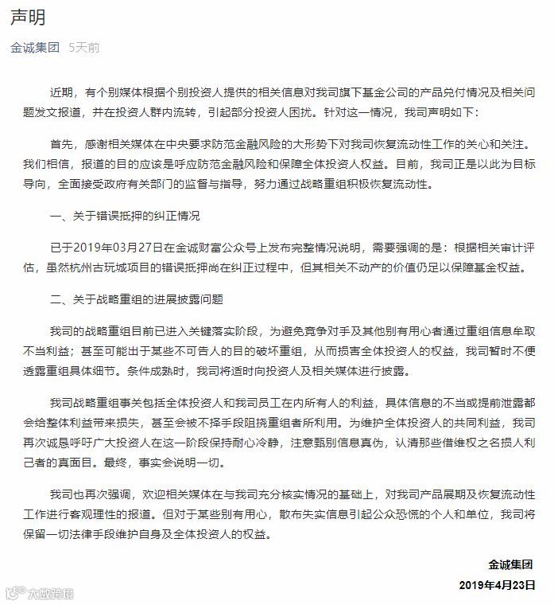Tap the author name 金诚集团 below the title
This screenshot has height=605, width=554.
[x=35, y=48]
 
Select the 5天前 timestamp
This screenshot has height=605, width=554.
[x=84, y=48]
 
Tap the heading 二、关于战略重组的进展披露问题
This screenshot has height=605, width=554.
[x=136, y=299]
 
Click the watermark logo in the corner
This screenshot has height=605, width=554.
[x=40, y=593]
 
